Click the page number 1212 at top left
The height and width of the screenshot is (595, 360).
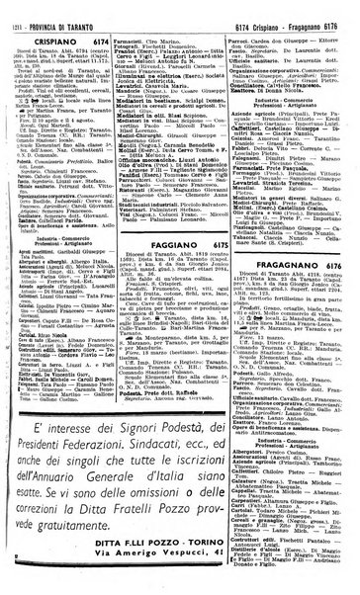[13, 11]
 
